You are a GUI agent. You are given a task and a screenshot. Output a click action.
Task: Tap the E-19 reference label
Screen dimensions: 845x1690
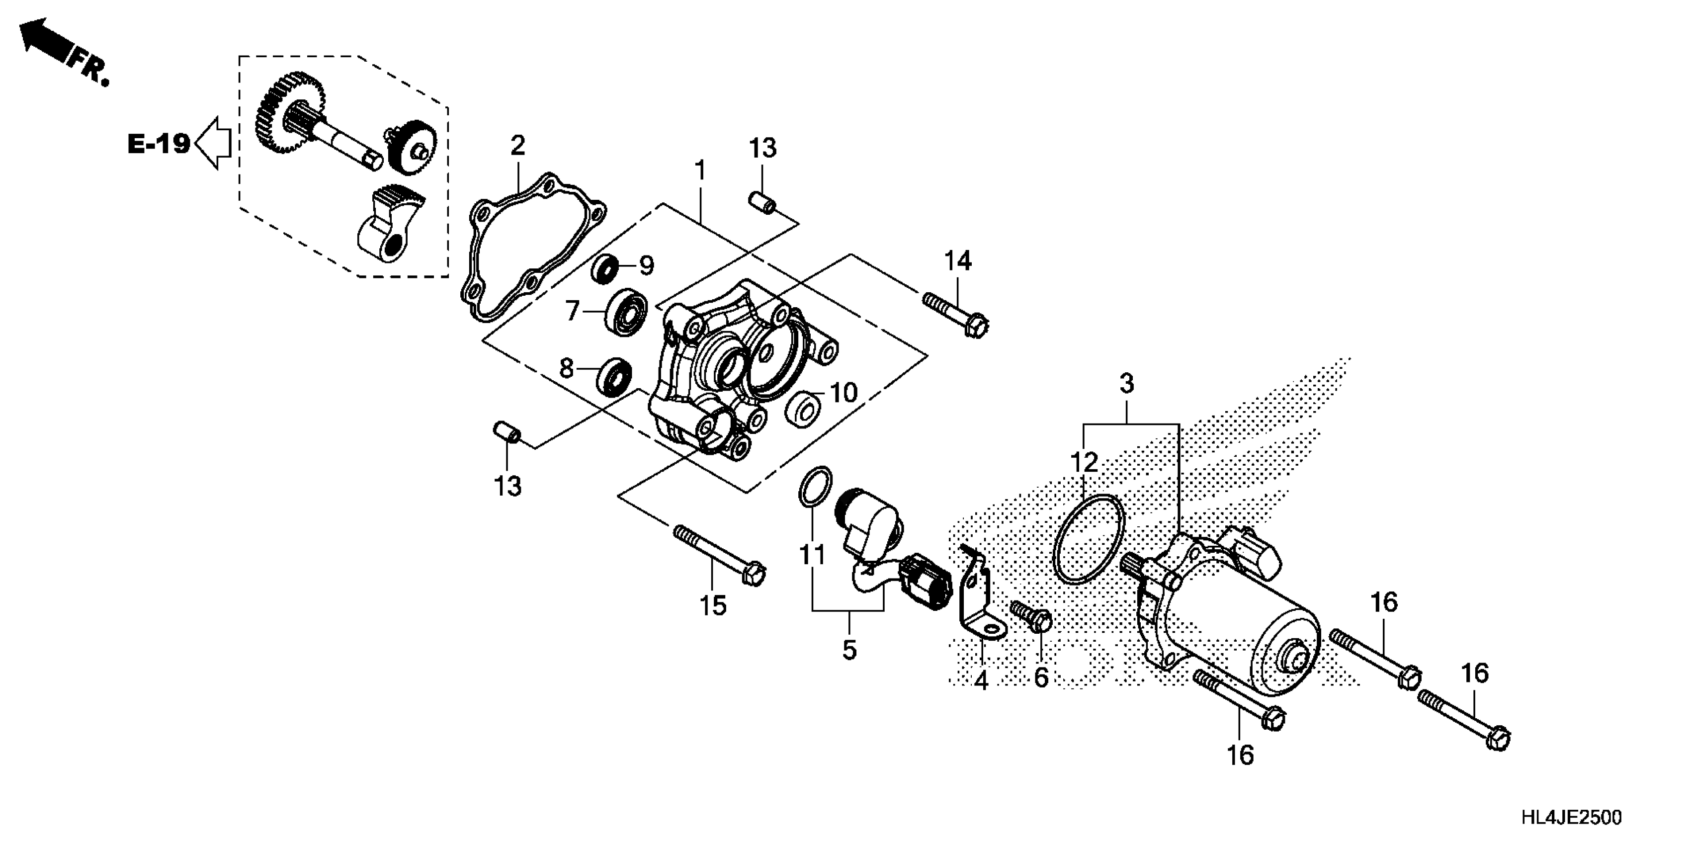(x=159, y=144)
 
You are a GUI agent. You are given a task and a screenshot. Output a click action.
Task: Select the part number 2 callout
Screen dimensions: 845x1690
(x=517, y=145)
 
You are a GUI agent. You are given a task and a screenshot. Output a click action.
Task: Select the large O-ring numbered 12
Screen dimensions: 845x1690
(x=1089, y=538)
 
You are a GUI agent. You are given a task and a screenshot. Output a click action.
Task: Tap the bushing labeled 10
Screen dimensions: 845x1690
(x=804, y=408)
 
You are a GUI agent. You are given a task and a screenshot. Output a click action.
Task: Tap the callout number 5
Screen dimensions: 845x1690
(x=849, y=650)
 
